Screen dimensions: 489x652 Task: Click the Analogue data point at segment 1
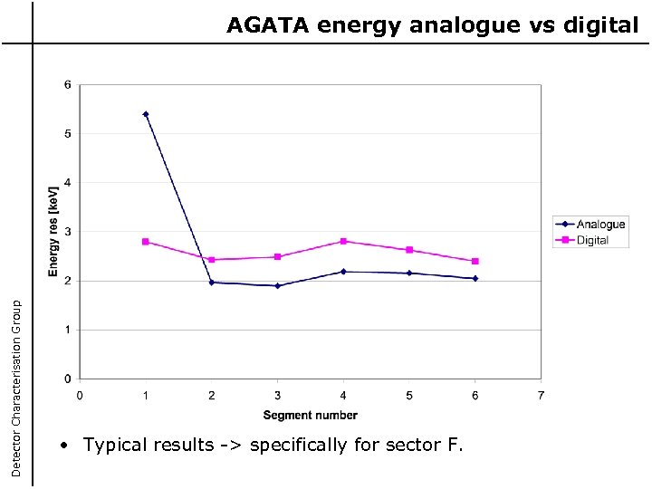[146, 114]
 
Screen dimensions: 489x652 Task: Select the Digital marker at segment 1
[146, 242]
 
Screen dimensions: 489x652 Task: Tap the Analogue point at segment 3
[277, 285]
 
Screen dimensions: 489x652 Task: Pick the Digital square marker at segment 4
[343, 241]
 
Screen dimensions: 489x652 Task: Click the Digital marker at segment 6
[475, 261]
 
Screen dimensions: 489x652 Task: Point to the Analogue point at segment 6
[475, 278]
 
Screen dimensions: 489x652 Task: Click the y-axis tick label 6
[67, 85]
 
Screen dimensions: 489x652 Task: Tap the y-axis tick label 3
[67, 232]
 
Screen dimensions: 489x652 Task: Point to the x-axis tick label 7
[541, 395]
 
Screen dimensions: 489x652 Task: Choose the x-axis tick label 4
[343, 395]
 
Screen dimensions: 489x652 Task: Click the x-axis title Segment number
[311, 416]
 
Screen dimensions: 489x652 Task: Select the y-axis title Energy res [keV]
[53, 232]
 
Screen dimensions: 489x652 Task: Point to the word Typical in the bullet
[114, 445]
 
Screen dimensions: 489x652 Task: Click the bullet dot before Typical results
[63, 446]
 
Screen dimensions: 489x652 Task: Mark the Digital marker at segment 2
[212, 260]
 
